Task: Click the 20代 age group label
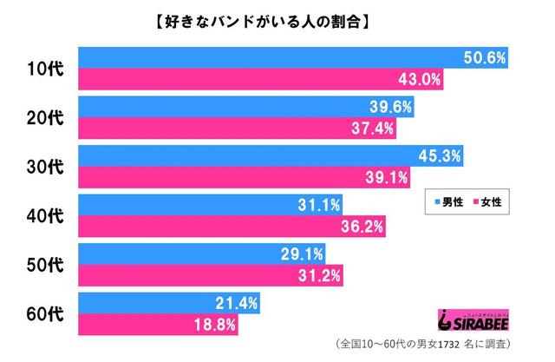[45, 118]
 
